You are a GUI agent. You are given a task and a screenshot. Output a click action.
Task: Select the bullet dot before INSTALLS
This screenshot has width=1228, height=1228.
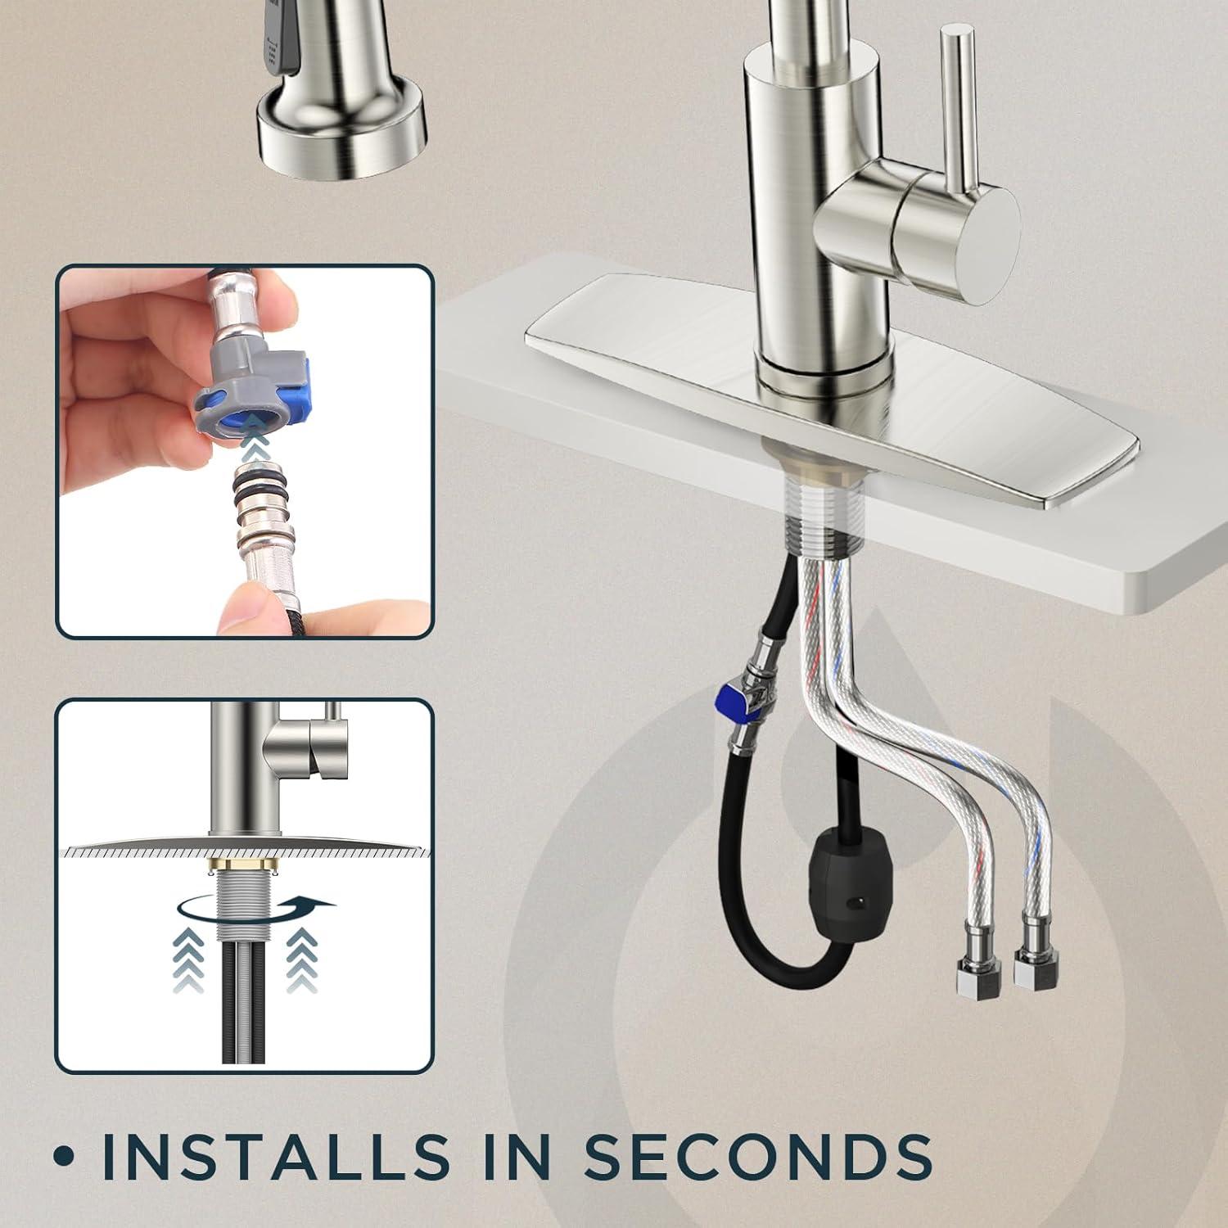click(63, 1158)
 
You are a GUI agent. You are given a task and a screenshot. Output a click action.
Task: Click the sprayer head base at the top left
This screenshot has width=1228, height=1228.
click(342, 131)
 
